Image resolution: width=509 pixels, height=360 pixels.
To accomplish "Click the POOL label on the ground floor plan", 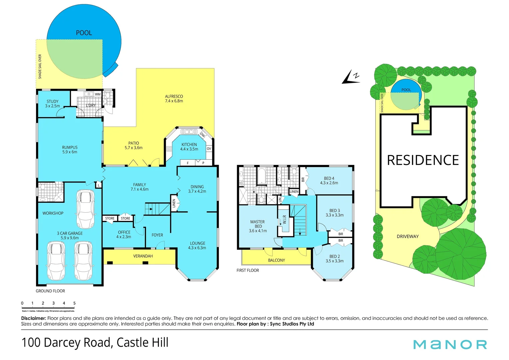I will click(84, 33).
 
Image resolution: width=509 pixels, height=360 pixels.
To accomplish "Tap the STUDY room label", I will click(52, 104).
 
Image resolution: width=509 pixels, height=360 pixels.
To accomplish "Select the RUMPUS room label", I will click(70, 150).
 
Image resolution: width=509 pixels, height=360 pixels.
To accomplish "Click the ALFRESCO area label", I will click(174, 99).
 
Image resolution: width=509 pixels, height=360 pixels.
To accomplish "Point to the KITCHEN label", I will click(189, 147).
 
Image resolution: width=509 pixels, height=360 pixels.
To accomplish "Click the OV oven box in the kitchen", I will click(209, 149).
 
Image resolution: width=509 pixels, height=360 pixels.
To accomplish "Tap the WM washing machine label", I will click(98, 94).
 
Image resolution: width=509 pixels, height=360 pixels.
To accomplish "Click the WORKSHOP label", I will click(53, 213).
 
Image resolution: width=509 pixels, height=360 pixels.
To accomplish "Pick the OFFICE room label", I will click(124, 234).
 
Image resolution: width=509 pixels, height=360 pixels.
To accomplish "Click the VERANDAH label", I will click(143, 256).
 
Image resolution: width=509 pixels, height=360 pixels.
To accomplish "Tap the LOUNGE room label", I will click(197, 245).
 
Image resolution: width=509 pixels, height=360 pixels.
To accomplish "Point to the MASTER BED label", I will click(257, 226).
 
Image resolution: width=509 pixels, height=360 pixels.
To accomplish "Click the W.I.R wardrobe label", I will click(284, 219).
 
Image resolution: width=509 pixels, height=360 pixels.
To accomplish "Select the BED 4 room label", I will click(329, 180).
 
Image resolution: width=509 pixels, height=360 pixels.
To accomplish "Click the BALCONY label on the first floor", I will click(276, 260).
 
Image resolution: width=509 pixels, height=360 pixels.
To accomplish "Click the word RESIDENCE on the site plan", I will click(423, 160).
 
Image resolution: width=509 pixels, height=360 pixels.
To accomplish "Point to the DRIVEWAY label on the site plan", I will click(407, 236).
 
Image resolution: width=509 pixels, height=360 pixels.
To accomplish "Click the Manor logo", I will click(450, 344).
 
